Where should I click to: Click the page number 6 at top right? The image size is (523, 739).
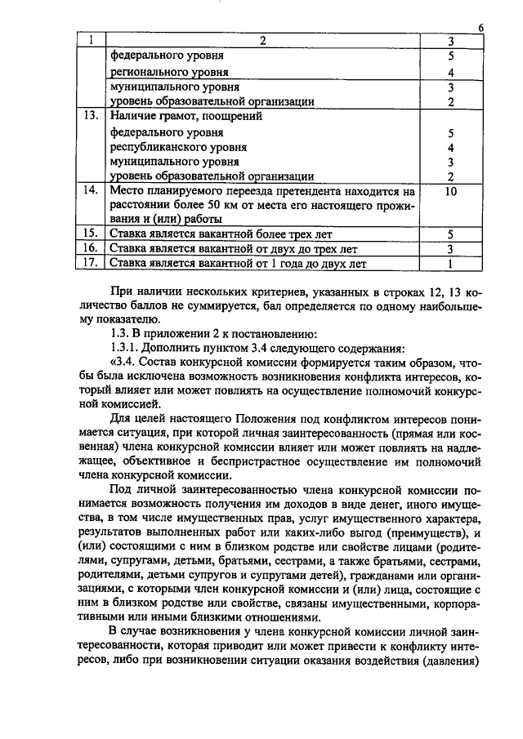tap(481, 28)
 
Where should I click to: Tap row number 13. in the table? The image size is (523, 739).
tap(92, 116)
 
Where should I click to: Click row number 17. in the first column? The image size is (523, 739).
tap(92, 263)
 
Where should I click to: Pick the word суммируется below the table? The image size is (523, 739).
tap(189, 306)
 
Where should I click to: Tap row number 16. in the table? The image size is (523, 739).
tap(92, 248)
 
